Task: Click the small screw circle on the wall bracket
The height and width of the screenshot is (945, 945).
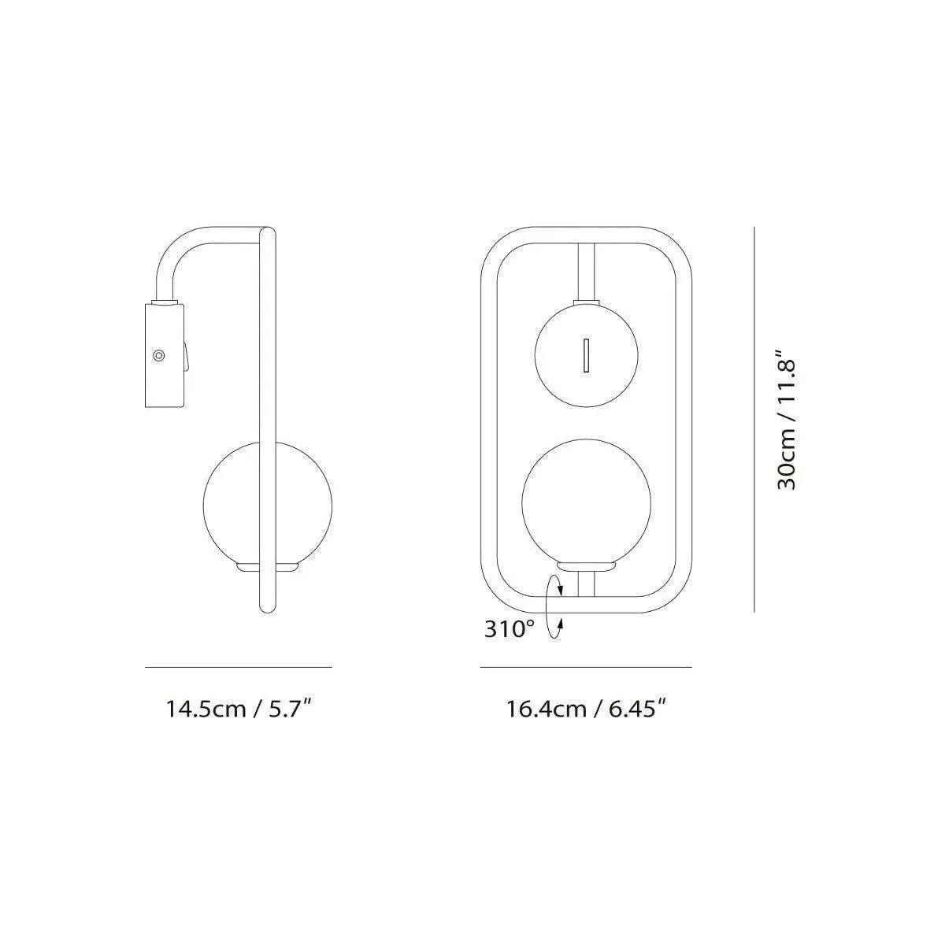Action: click(x=158, y=355)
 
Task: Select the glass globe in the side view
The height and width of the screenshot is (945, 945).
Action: click(x=267, y=504)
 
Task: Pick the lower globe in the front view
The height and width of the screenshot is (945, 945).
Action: click(x=586, y=504)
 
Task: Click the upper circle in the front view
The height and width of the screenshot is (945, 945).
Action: click(x=586, y=355)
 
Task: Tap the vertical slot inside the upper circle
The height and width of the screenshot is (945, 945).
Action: click(x=586, y=355)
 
